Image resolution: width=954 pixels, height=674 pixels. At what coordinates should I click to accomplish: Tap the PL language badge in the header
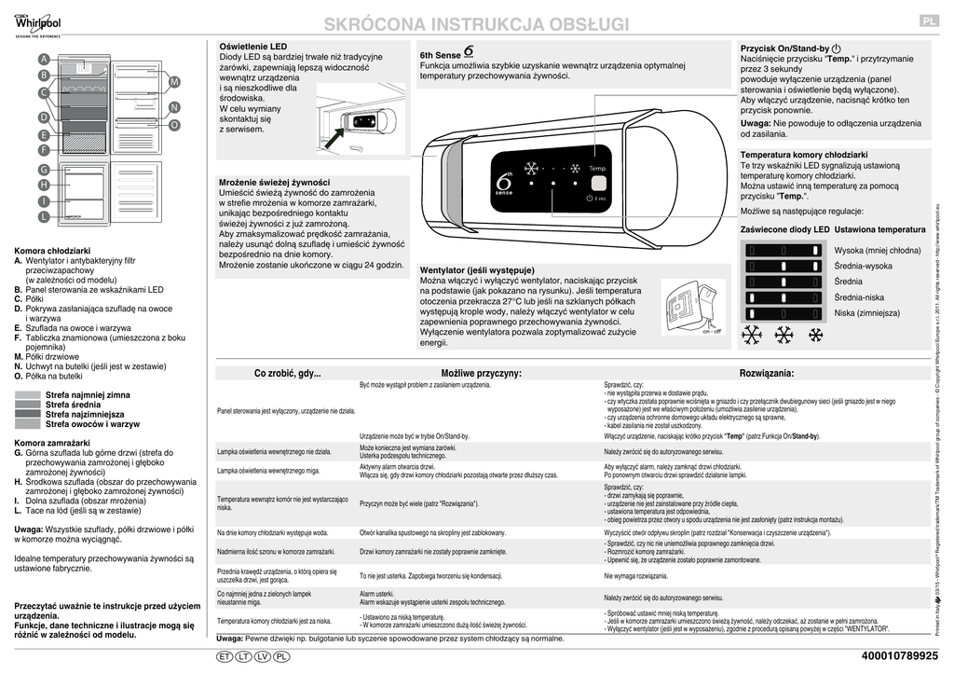[x=929, y=21]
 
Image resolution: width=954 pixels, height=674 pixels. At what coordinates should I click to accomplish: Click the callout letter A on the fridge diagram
[x=44, y=60]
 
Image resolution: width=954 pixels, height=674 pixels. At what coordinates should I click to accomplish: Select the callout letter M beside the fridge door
[x=174, y=83]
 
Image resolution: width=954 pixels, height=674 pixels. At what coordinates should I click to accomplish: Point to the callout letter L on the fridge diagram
[x=44, y=216]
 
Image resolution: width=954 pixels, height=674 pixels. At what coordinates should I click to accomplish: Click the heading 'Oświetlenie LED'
[x=252, y=46]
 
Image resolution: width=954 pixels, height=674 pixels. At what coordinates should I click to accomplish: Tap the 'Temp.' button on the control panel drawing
[x=597, y=168]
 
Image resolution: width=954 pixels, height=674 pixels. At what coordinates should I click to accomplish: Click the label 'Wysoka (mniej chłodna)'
[x=877, y=251]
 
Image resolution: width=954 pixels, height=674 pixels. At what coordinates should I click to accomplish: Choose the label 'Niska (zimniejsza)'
[x=866, y=312]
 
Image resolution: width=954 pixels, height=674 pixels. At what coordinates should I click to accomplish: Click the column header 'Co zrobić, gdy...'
[x=287, y=373]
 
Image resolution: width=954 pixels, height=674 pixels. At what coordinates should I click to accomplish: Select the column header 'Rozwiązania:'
[x=766, y=373]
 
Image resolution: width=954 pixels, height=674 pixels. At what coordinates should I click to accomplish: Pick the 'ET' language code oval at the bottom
[x=224, y=657]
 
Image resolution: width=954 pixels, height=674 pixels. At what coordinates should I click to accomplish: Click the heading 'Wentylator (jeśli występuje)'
[x=477, y=269]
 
